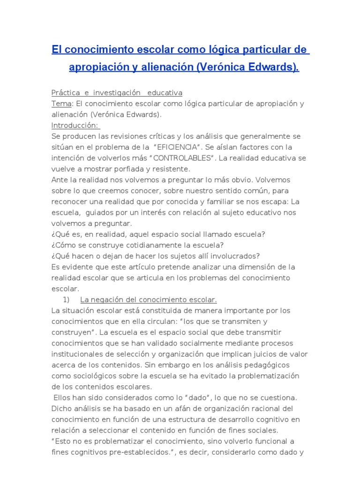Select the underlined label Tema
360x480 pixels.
pos(59,104)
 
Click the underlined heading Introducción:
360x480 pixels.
pos(75,125)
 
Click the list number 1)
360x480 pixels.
pos(66,300)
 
